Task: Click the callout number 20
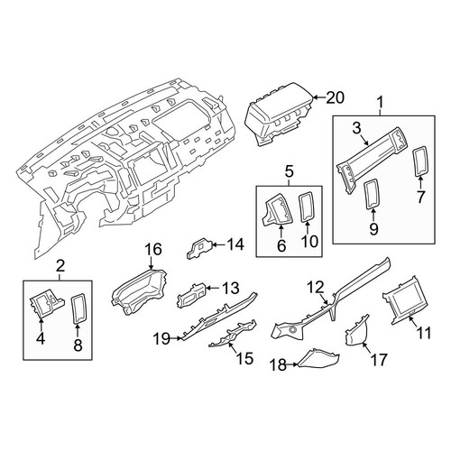[x=335, y=97]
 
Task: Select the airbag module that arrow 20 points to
[x=279, y=115]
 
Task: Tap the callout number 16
[x=153, y=249]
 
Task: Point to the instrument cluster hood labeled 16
[x=140, y=292]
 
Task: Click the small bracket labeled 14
[x=200, y=247]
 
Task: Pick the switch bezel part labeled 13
[x=191, y=295]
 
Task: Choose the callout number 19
[x=162, y=339]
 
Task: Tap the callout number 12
[x=316, y=287]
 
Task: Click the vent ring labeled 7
[x=420, y=161]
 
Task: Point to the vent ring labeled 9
[x=373, y=193]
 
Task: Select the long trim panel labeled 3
[x=372, y=160]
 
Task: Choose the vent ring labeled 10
[x=307, y=207]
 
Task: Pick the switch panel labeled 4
[x=47, y=306]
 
